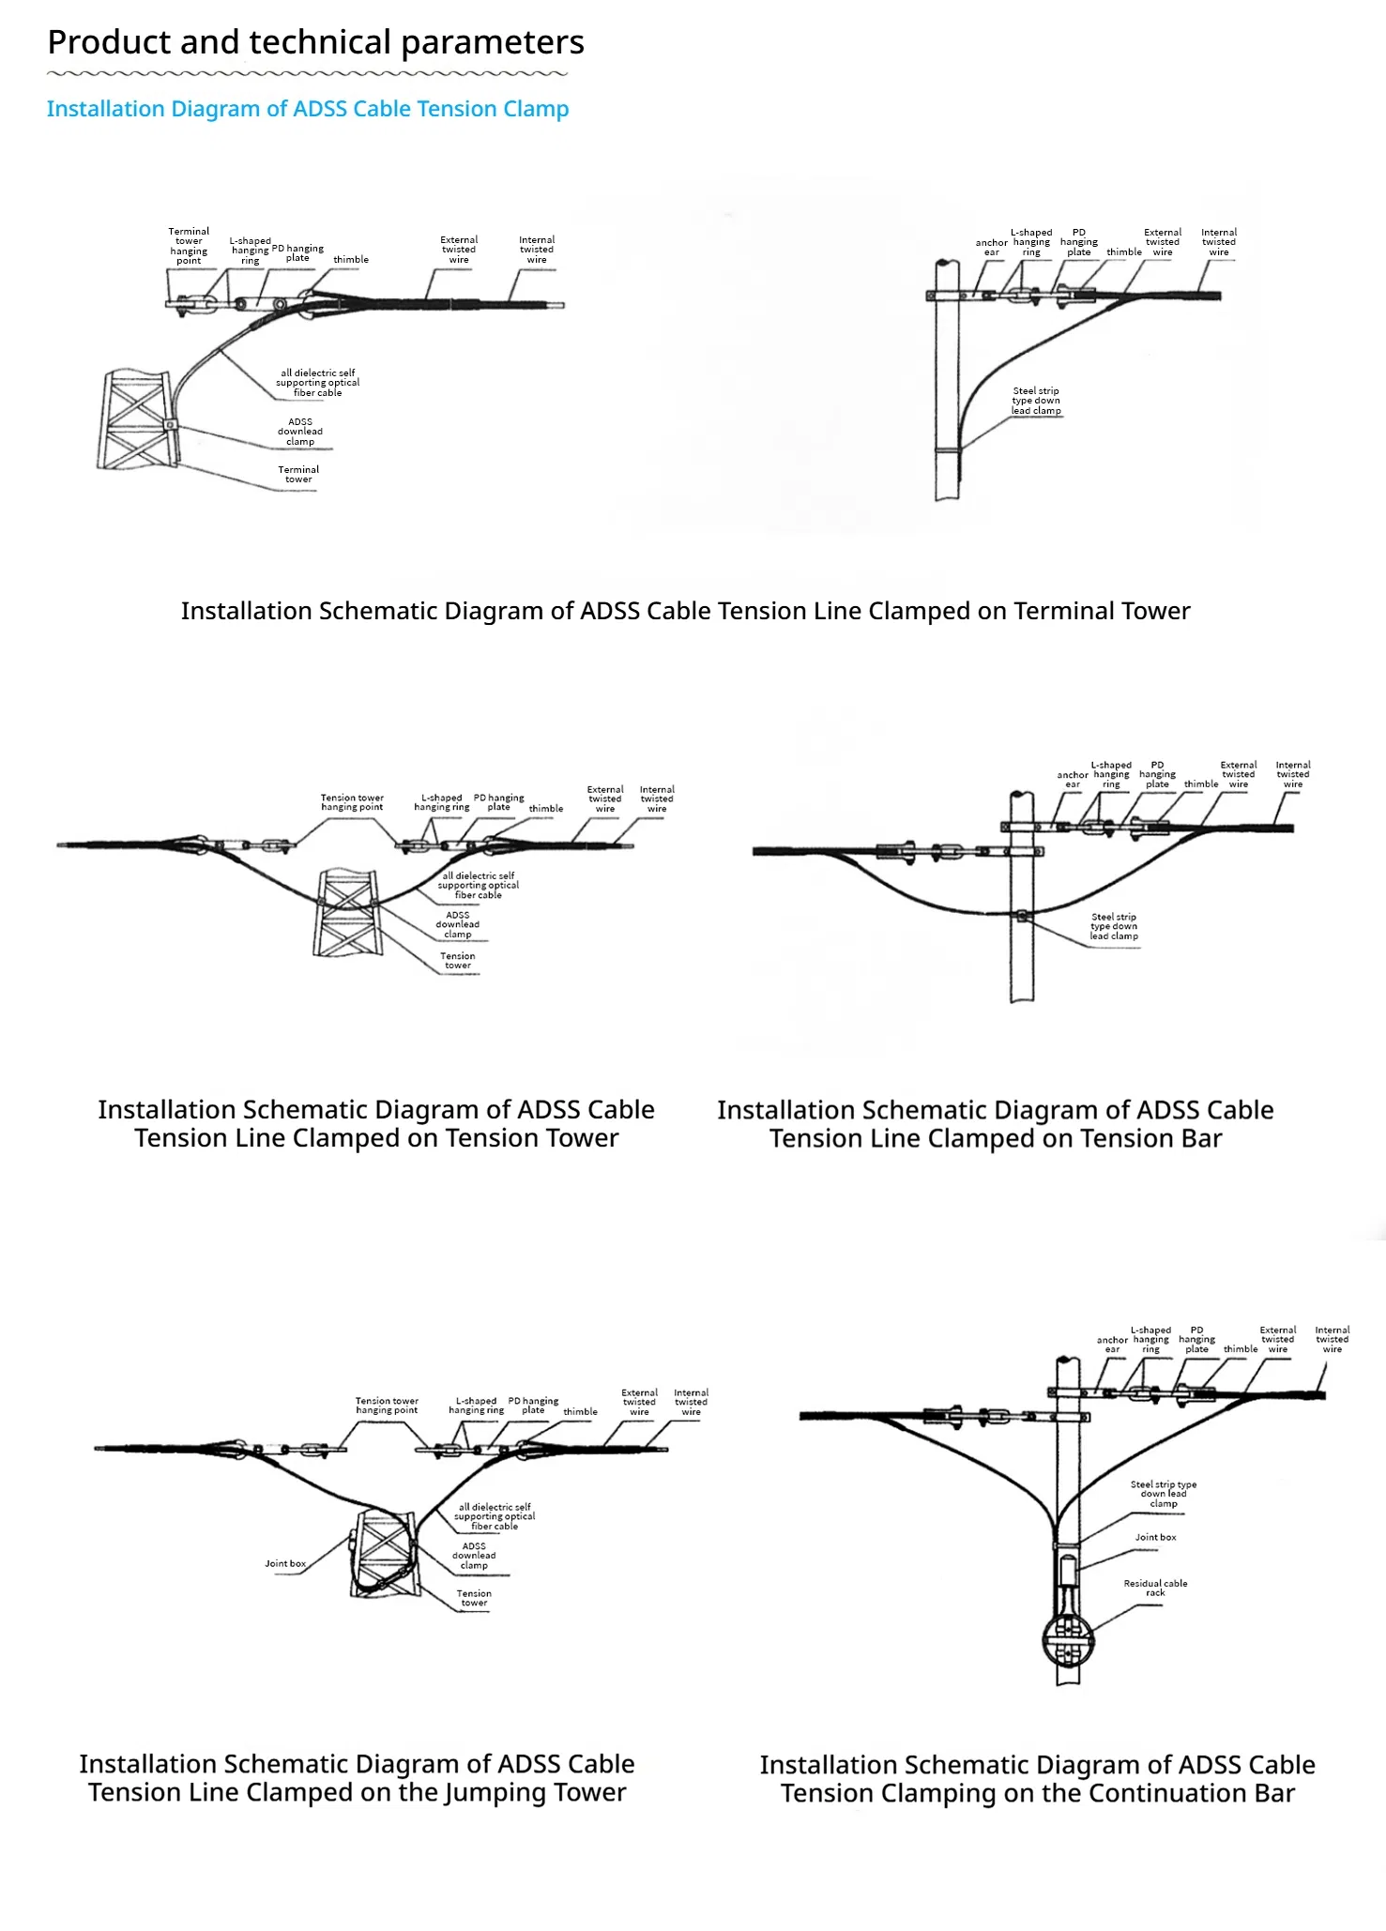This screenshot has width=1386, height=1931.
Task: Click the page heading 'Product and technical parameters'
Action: [315, 43]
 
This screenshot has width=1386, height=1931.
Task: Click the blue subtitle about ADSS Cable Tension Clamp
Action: [308, 109]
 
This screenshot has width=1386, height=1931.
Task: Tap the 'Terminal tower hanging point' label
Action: [189, 246]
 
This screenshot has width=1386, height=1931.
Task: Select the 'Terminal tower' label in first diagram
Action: [298, 474]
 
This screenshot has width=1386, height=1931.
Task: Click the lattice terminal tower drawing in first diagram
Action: [137, 419]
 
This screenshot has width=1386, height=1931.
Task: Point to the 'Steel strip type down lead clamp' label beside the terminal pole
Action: [1036, 401]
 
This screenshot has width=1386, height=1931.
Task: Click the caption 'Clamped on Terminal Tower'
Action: [685, 611]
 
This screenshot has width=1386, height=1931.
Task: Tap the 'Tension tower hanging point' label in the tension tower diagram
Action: [352, 802]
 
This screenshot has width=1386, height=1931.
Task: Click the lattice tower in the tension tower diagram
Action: [347, 913]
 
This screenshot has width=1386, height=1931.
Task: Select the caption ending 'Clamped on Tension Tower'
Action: [376, 1123]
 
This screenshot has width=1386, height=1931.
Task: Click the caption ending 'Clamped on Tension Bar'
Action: [995, 1124]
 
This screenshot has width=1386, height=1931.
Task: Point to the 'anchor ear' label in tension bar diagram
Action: [1073, 780]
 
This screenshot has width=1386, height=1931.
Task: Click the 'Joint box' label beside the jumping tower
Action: [285, 1563]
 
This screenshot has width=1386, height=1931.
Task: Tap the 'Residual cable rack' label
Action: [1155, 1588]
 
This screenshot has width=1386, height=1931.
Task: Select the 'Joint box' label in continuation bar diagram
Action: [1155, 1537]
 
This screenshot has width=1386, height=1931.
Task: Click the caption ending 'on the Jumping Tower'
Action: [357, 1778]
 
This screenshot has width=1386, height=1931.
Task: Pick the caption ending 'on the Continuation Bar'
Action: [1037, 1779]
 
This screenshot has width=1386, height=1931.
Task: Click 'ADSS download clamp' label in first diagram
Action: [300, 432]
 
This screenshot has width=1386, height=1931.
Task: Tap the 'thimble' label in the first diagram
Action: [351, 260]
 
